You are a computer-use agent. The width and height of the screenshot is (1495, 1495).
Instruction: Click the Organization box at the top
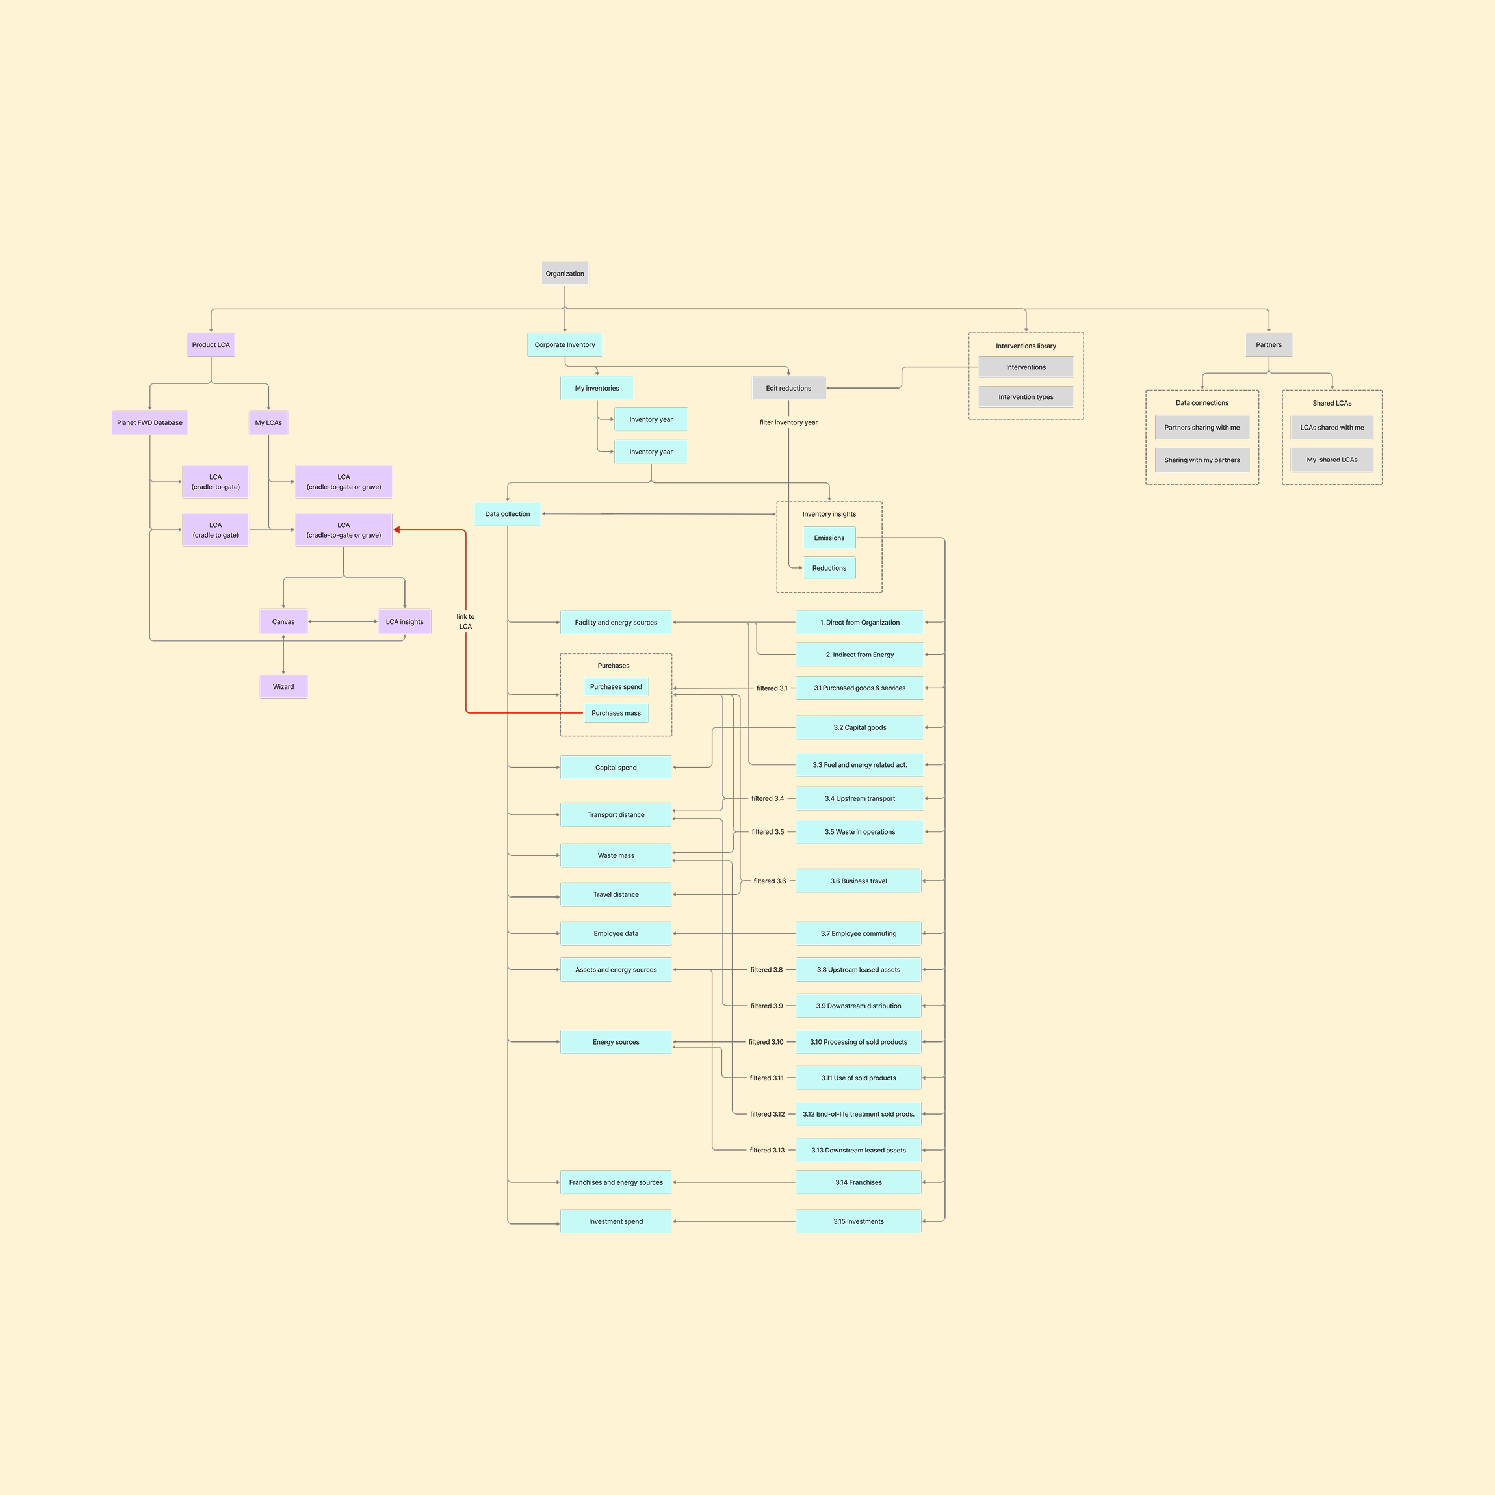pos(564,273)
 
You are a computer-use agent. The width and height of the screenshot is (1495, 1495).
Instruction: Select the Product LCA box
pos(211,344)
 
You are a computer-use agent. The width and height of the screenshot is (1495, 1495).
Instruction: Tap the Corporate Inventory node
pos(564,344)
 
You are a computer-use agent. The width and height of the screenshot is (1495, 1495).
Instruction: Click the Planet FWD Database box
pos(149,422)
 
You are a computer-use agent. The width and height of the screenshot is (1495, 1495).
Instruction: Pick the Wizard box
pos(283,686)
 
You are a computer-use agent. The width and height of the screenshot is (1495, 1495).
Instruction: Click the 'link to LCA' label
pos(465,621)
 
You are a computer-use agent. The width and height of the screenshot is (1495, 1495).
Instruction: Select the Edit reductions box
pos(788,387)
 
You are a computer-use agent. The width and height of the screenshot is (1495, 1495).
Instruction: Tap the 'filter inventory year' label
pos(788,422)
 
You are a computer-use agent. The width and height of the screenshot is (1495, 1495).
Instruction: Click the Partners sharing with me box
pos(1201,427)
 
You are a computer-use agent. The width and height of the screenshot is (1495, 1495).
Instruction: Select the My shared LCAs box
pos(1331,460)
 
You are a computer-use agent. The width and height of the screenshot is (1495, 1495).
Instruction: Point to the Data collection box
pos(507,513)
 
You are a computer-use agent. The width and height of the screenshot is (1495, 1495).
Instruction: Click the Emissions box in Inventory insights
pos(829,538)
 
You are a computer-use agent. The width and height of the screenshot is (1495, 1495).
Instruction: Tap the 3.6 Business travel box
pos(858,881)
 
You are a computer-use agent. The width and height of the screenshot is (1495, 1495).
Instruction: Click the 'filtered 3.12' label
pos(767,1114)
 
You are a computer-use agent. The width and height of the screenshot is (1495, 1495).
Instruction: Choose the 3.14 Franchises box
pos(858,1182)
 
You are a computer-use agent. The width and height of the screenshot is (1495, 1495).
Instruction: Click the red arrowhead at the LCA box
pos(397,530)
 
